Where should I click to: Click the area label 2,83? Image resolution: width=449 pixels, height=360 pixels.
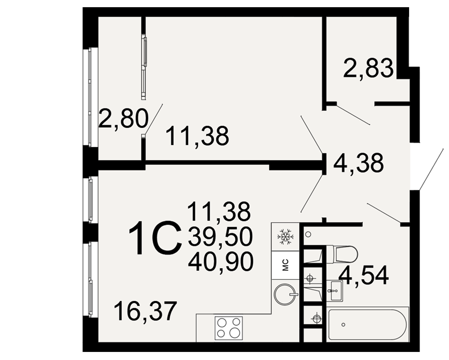(x=368, y=68)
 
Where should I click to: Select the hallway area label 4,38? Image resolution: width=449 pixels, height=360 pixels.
(x=358, y=162)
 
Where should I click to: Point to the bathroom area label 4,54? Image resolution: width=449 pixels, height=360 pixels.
(x=364, y=275)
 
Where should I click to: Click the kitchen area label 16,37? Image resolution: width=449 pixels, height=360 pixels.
(x=144, y=311)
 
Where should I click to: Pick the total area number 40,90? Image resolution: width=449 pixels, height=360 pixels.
(x=220, y=261)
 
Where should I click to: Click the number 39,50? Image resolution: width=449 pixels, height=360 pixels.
(x=220, y=237)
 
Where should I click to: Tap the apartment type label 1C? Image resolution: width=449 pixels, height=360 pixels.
(x=155, y=239)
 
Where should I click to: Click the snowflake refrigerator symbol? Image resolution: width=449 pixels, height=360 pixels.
(x=285, y=237)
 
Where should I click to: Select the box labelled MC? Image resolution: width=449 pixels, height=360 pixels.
(x=286, y=265)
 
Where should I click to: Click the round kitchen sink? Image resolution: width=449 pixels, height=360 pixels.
(x=285, y=294)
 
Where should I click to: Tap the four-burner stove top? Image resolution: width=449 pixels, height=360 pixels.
(x=229, y=328)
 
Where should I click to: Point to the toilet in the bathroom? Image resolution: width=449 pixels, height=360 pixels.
(x=342, y=253)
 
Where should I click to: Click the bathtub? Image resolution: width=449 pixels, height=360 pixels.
(x=367, y=324)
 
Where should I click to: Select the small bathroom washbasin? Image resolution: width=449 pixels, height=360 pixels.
(x=335, y=291)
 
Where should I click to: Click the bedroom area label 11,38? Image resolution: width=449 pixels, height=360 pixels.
(x=197, y=135)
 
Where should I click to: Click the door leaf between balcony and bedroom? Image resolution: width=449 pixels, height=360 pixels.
(x=154, y=118)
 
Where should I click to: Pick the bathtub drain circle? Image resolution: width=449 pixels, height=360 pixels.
(x=343, y=324)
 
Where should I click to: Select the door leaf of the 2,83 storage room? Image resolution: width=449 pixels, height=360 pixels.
(x=352, y=115)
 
